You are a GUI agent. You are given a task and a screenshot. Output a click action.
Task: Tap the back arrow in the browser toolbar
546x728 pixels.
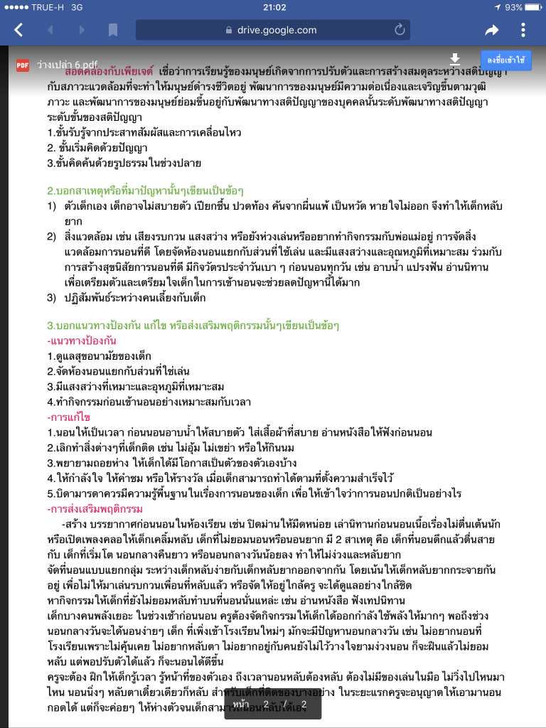click(x=18, y=30)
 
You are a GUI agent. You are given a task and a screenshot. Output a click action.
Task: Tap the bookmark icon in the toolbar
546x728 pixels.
click(x=112, y=30)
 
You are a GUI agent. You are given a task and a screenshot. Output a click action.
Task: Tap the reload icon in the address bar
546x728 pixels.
click(x=400, y=30)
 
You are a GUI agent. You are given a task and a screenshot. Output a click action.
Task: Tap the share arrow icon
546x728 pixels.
click(x=491, y=30)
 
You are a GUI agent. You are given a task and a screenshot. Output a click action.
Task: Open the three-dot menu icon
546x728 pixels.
click(x=523, y=30)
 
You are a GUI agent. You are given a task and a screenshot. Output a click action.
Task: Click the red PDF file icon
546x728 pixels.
click(x=23, y=63)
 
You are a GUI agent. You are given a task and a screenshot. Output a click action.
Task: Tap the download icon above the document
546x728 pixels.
click(x=456, y=60)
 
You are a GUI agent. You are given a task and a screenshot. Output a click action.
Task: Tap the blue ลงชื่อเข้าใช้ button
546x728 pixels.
click(x=505, y=60)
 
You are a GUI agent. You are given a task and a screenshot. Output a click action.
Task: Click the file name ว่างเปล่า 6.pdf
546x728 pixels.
click(x=68, y=63)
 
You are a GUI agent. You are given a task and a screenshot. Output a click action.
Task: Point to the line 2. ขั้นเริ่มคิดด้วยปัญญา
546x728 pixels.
click(x=97, y=148)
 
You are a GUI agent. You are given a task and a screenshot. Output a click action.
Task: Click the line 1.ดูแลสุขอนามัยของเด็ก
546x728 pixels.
click(x=95, y=355)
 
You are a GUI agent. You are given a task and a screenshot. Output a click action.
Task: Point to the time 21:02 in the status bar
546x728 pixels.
click(x=274, y=7)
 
